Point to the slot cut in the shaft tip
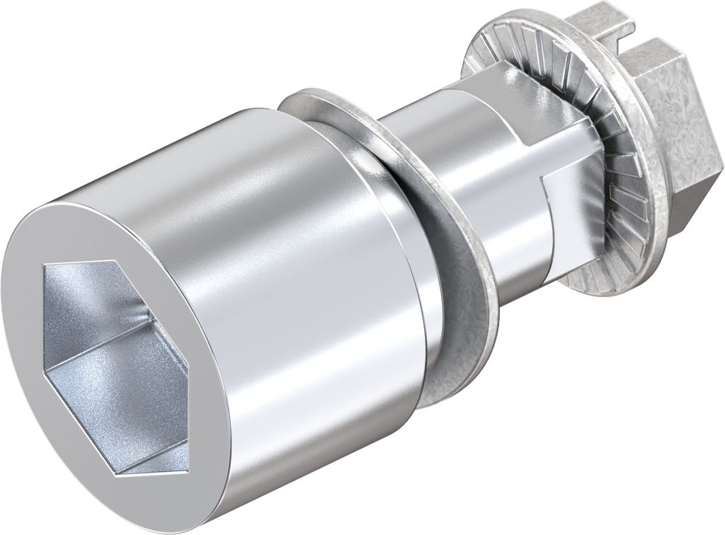tap(623, 32)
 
